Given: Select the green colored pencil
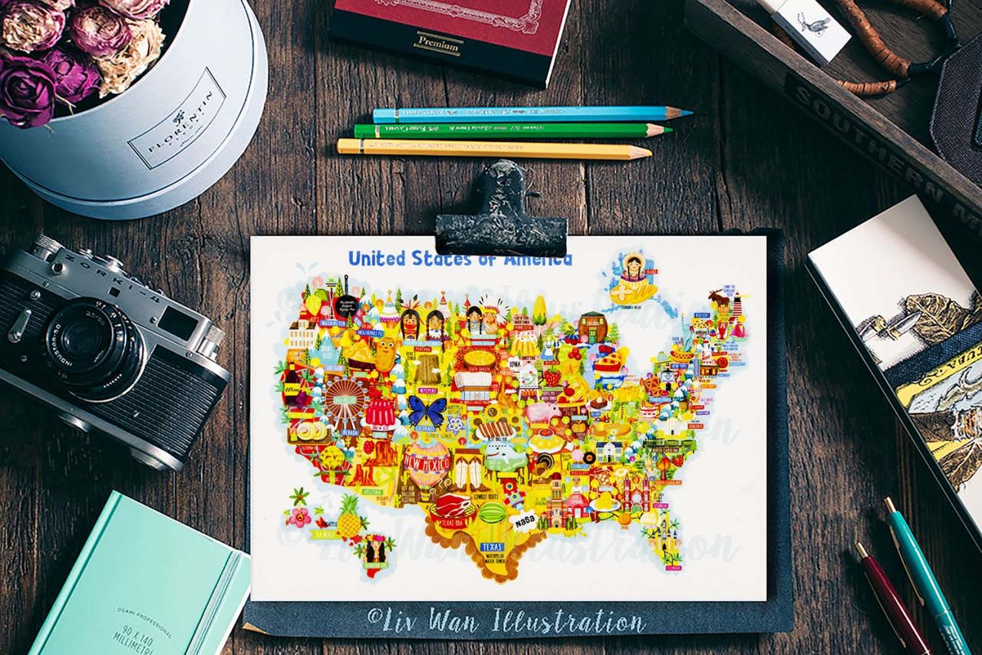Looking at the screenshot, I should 506,130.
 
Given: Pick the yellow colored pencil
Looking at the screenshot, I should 491,148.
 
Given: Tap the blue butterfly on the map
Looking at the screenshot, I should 427,410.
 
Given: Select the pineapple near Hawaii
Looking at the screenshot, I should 350,518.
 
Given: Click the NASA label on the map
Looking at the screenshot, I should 525,521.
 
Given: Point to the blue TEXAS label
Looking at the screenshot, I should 491,547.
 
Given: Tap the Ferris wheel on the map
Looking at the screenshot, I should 343,402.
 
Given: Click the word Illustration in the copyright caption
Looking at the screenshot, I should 568,620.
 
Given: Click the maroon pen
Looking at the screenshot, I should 894,598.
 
